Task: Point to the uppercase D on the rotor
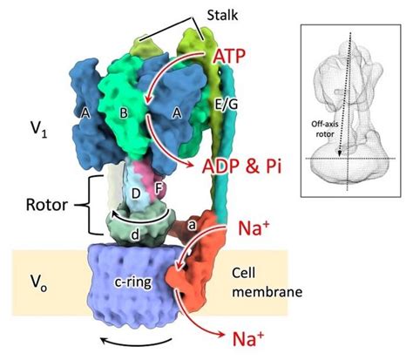(134, 191)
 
